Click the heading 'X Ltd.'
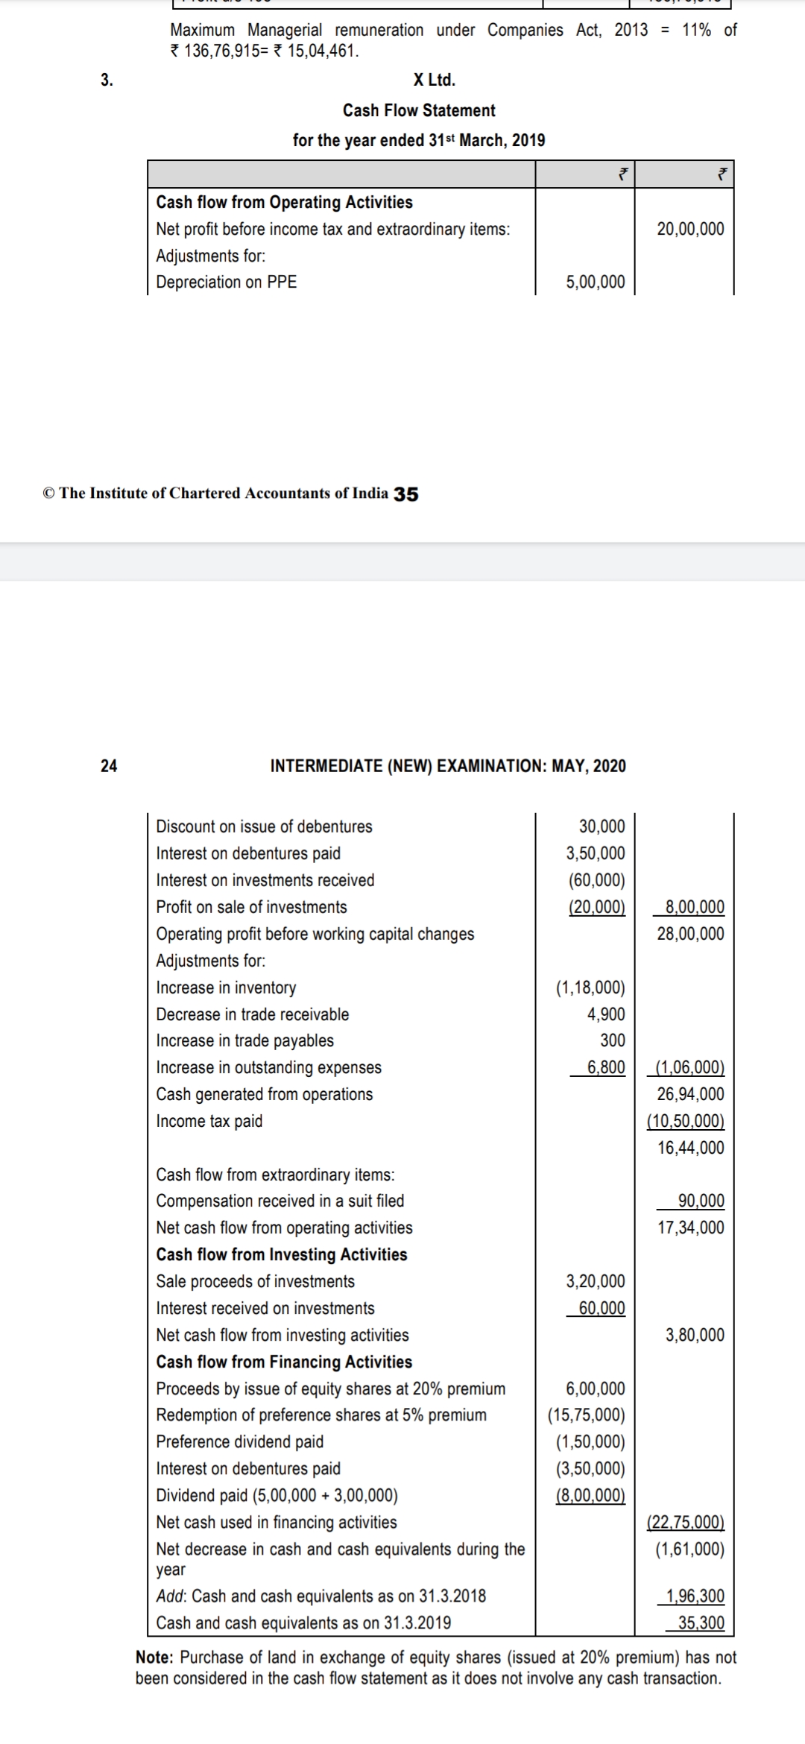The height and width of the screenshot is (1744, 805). coord(434,80)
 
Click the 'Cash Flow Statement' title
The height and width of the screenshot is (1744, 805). coord(419,110)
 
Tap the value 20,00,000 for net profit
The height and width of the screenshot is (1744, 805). coord(690,229)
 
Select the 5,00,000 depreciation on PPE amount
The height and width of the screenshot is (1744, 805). coord(596,282)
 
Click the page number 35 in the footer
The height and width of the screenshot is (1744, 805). coord(406,493)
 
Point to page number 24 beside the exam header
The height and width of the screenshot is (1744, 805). coord(109,765)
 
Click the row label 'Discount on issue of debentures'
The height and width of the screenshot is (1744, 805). coord(264,827)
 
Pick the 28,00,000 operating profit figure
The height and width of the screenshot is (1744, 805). coord(690,934)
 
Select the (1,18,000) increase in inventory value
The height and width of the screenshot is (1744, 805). coord(590,988)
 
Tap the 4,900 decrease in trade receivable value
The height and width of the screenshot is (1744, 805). coord(606,1014)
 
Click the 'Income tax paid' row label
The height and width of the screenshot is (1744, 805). coord(209,1121)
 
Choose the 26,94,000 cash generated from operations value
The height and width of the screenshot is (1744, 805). coord(690,1094)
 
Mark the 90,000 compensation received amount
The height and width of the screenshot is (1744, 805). coord(701,1201)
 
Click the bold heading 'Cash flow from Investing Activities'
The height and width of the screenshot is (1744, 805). coord(282,1254)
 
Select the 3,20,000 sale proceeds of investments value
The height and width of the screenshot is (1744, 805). coord(596,1281)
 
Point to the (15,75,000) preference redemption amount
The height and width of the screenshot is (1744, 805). coord(587,1415)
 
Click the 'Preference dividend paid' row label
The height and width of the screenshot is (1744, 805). coord(240,1441)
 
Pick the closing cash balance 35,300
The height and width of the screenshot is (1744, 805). coord(701,1623)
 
